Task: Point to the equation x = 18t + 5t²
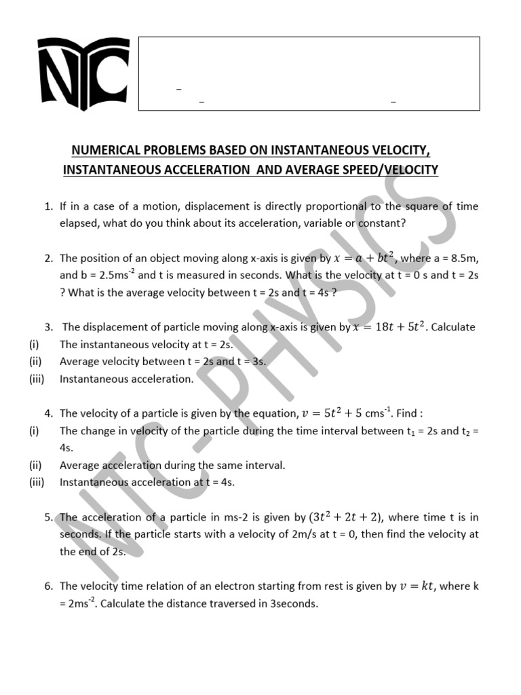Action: (x=389, y=327)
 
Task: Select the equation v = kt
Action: (x=417, y=586)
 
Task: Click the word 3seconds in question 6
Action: (x=294, y=603)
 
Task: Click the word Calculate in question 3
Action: (x=453, y=327)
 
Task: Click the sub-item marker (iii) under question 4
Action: (x=37, y=483)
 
